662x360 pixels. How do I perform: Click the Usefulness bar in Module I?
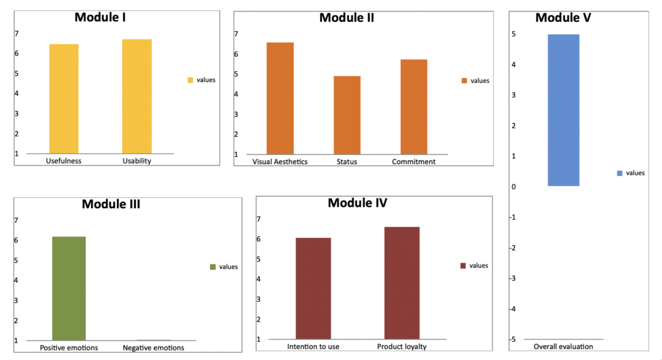[x=64, y=99]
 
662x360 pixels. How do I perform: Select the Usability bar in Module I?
[x=136, y=96]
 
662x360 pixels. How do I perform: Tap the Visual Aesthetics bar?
[x=280, y=98]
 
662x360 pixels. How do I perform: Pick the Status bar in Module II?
[x=347, y=115]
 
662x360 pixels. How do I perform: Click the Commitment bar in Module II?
[x=414, y=107]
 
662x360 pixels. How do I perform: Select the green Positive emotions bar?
[x=69, y=288]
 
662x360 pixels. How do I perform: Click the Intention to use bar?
[x=313, y=288]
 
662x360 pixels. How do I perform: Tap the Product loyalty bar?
[x=401, y=282]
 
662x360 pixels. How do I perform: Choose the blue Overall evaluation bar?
[x=563, y=110]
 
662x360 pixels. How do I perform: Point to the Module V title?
[x=563, y=17]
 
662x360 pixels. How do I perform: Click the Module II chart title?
[x=347, y=17]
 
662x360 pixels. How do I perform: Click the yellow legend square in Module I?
[x=191, y=80]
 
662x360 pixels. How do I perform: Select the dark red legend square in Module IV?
[x=463, y=266]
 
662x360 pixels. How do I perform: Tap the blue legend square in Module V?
[x=620, y=173]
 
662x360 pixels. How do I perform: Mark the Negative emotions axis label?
[x=153, y=348]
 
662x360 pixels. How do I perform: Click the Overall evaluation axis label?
[x=563, y=347]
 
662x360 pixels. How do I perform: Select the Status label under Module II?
[x=347, y=162]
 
